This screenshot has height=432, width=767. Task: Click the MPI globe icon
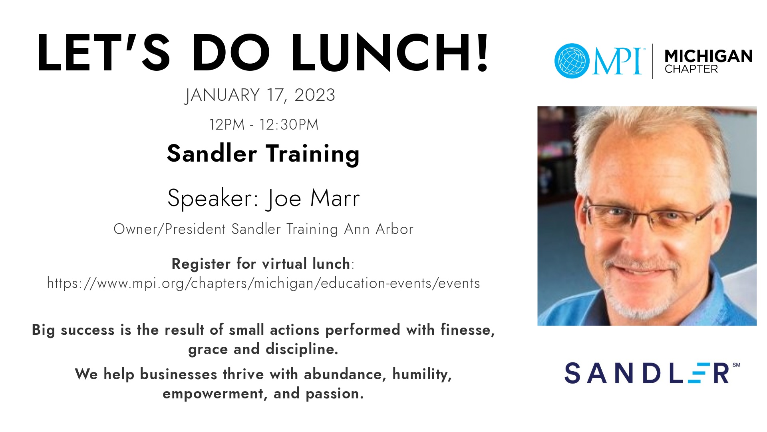tap(572, 61)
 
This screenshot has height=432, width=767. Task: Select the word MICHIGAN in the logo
tap(708, 56)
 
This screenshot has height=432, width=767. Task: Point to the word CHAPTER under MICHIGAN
tap(691, 69)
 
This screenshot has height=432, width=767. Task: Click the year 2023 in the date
tap(315, 95)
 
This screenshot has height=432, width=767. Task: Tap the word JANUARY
tap(222, 96)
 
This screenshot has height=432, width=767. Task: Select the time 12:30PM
tap(289, 124)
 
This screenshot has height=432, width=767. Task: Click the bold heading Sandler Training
tap(263, 154)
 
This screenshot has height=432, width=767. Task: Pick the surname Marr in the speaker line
tap(335, 198)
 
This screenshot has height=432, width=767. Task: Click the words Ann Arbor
tap(379, 229)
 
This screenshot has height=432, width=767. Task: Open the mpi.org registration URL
tap(264, 283)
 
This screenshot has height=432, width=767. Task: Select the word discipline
tap(302, 349)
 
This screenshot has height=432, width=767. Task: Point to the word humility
tap(422, 374)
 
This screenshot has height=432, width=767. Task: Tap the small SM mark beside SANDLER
tap(737, 365)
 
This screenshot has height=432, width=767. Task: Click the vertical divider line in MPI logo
tap(653, 61)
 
